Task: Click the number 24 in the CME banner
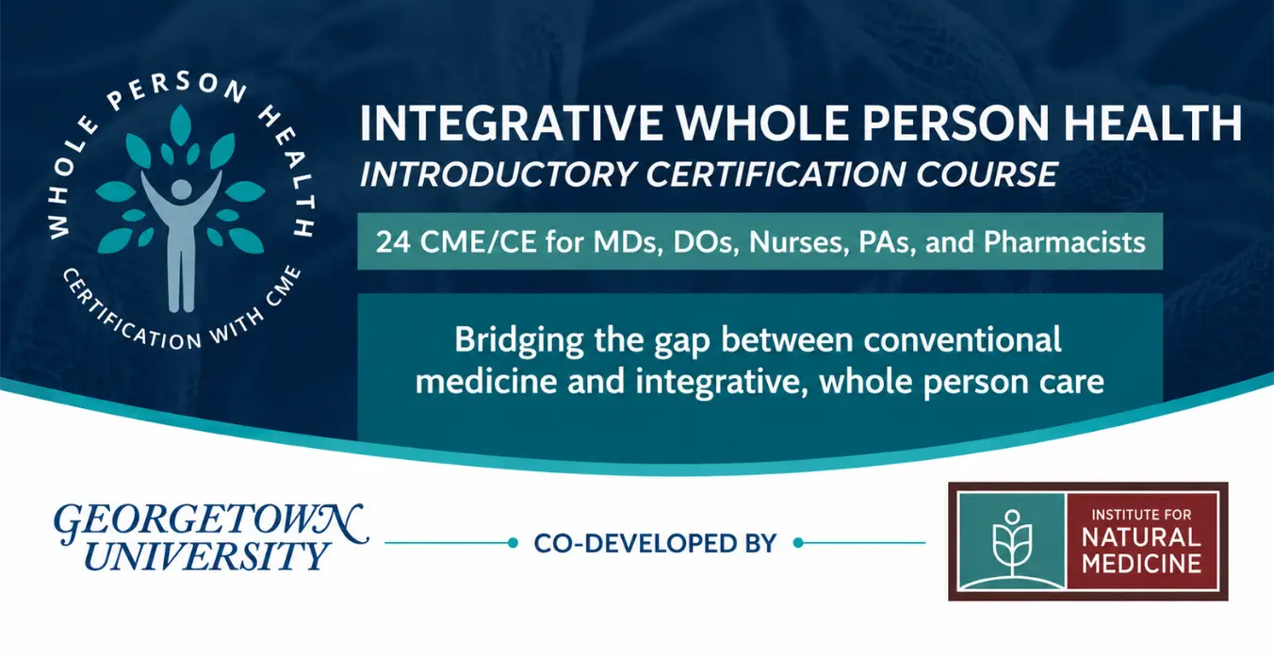point(393,242)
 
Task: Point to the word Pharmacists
point(1064,242)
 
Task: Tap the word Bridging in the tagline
point(518,341)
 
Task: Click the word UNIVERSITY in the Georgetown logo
point(206,556)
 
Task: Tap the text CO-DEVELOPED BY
point(655,544)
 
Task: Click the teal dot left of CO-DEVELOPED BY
point(513,543)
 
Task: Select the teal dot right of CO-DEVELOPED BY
point(798,543)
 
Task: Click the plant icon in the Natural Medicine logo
point(1012,544)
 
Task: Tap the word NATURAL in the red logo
point(1141,538)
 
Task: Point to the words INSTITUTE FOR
point(1141,515)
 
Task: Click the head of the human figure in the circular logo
point(182,189)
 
